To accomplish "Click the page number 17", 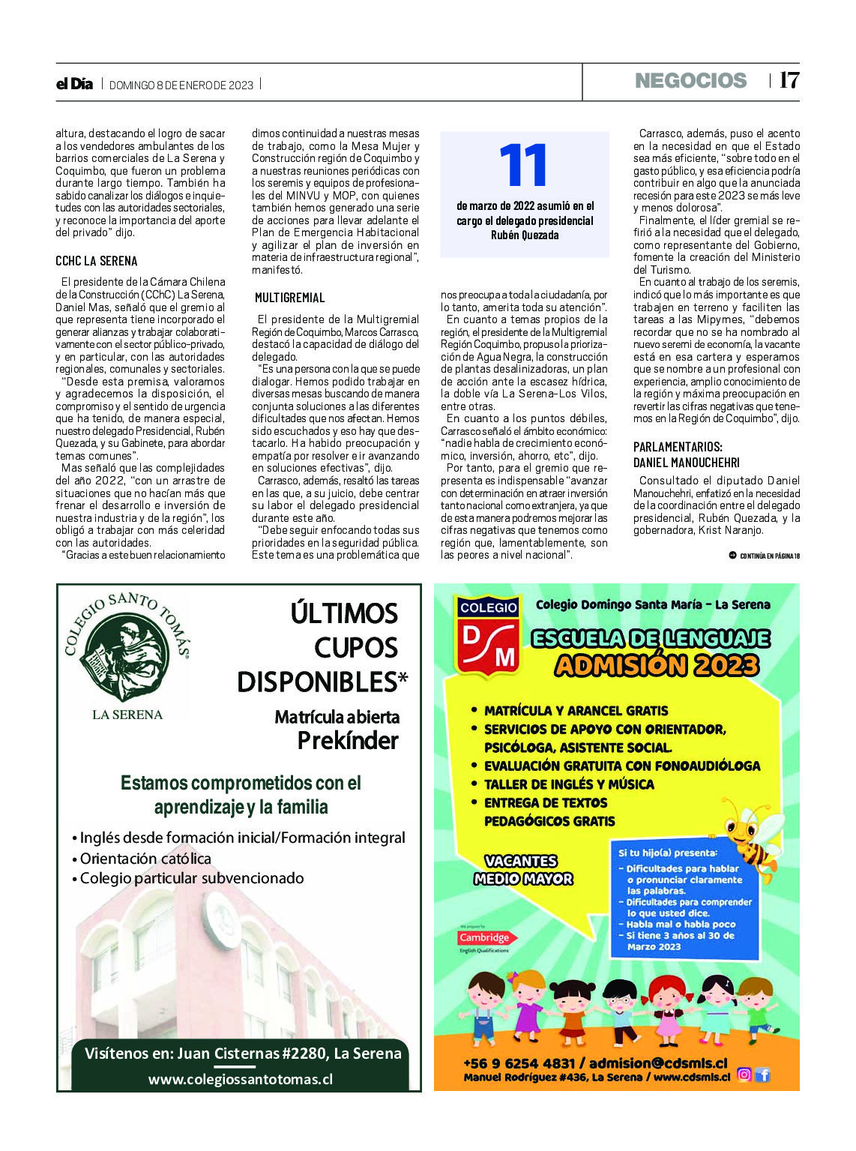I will pos(789,81).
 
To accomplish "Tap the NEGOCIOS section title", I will pos(690,81).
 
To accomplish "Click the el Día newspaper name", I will pos(74,84).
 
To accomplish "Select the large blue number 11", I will pos(523,166).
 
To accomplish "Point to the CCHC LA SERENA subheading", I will pos(97,261).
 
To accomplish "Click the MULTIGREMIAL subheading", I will pos(289,298).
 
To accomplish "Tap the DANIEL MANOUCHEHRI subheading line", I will pos(686,463).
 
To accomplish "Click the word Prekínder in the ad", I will pos(348,741).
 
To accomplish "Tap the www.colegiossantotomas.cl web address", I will pos(240,1079).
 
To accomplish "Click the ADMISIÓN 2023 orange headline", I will pos(657,665).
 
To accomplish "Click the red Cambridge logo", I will pos(484,937).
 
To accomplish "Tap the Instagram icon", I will pos(744,1075).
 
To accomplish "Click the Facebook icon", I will pos(762,1075).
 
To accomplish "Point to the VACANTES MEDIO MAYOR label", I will pos(522,870).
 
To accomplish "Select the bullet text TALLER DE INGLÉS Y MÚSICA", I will pos(569,784).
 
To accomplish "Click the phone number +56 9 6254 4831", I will pos(519,1063).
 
